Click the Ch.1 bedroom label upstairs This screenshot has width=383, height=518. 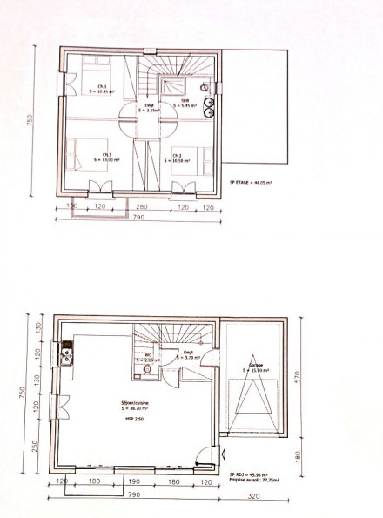[102, 88]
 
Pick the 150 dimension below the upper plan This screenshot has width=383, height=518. [73, 207]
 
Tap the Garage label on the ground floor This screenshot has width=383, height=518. [255, 367]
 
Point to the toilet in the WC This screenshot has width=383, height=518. [149, 371]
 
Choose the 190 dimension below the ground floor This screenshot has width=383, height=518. [135, 481]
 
